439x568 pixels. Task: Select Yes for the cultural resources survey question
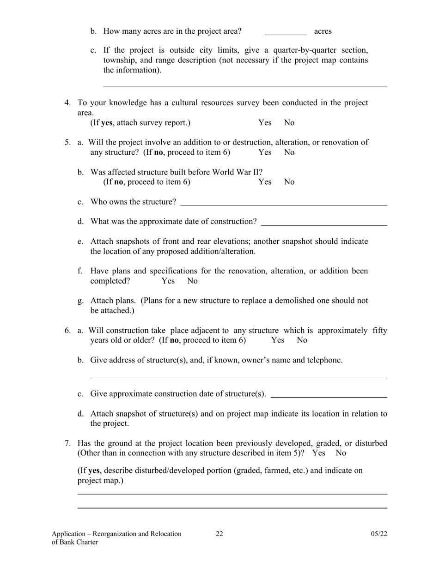coord(265,123)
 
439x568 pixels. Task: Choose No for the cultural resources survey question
coord(289,123)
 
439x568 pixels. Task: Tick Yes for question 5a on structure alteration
coord(265,152)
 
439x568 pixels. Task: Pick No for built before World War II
coord(289,182)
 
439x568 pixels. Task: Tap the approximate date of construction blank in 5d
coord(324,222)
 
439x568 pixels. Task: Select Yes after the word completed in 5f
coord(168,281)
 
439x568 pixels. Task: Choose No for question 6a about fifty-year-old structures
coord(302,340)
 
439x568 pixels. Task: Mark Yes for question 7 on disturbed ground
coord(319,453)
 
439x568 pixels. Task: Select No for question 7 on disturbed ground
coord(341,453)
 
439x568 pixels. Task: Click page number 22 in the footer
coord(219,534)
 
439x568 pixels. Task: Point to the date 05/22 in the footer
coord(379,534)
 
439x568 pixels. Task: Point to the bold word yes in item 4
coord(108,123)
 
